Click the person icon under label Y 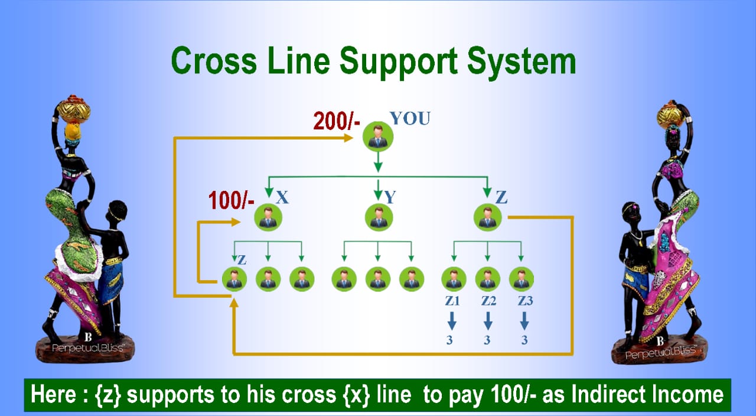click(378, 217)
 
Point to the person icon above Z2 click(488, 279)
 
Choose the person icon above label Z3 click(522, 279)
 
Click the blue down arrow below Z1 click(452, 321)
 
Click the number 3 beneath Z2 click(488, 340)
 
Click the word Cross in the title click(214, 61)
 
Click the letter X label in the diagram click(283, 197)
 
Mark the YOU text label click(410, 119)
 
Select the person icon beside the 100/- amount click(269, 218)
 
